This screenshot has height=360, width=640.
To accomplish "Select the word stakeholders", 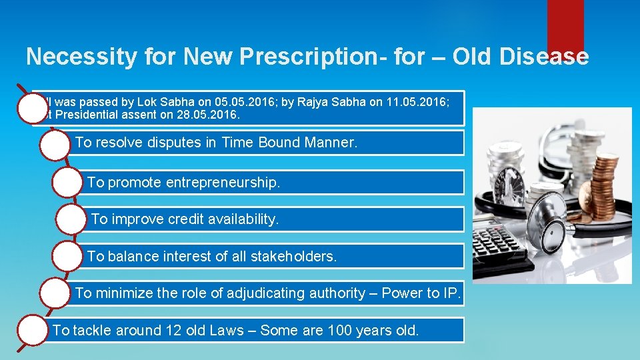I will pyautogui.click(x=293, y=256).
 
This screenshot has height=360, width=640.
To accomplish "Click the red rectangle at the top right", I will pyautogui.click(x=565, y=25).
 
